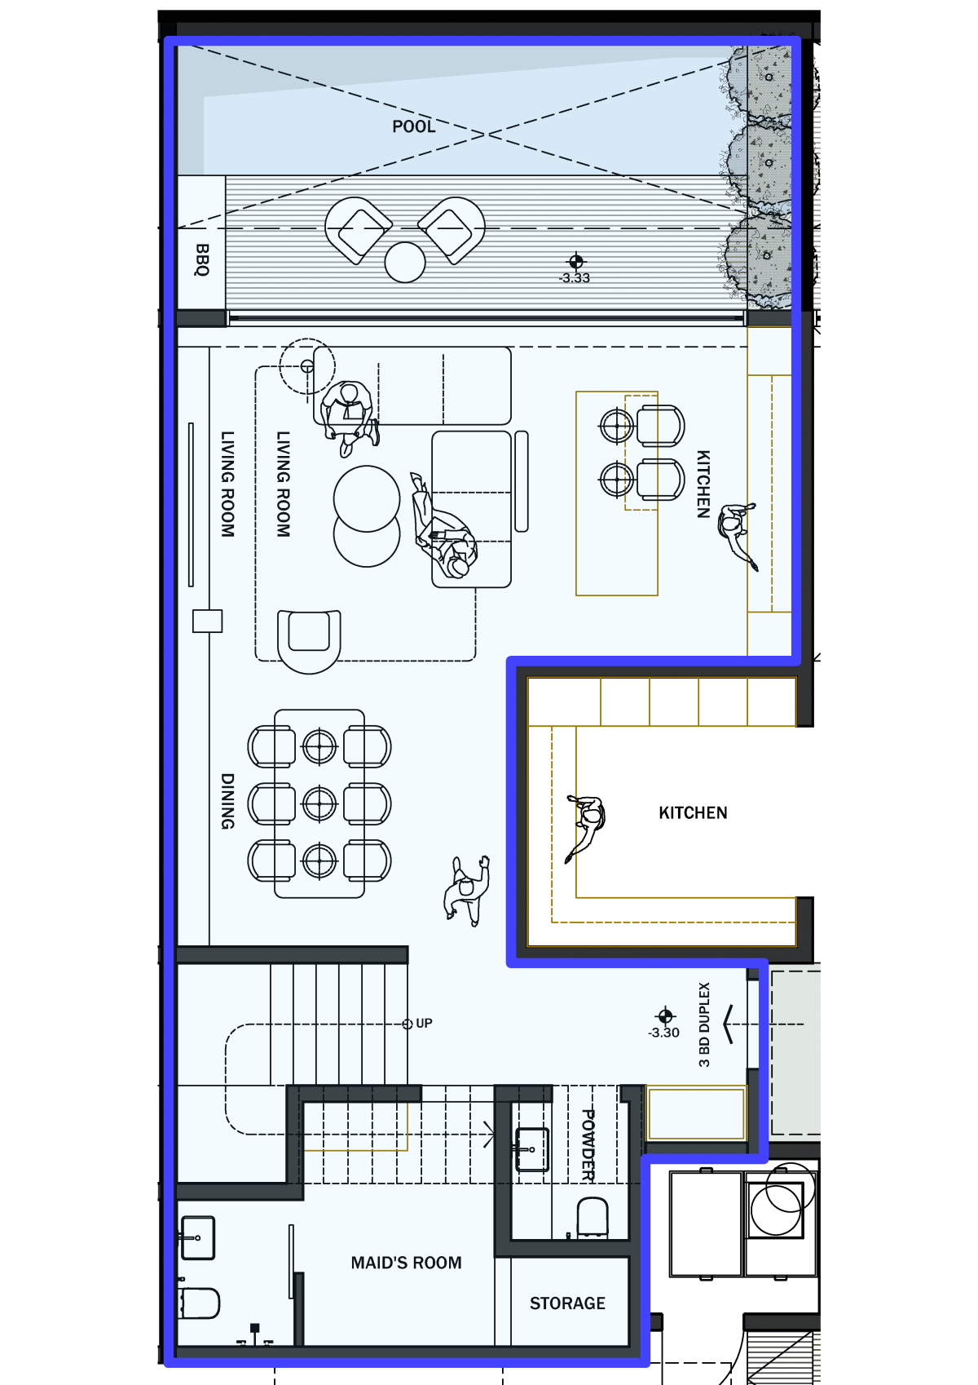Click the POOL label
pos(413,126)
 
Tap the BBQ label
pos(202,259)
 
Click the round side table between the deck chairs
pos(405,262)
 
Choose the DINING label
pos(227,801)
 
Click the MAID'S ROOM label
pos(406,1263)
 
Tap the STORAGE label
pos(567,1303)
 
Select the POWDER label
pos(588,1144)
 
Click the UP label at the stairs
pos(424,1024)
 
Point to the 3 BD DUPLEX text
pos(703,1024)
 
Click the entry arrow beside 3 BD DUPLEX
pos(729,1024)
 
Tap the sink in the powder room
pos(531,1149)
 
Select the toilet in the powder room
pos(593,1218)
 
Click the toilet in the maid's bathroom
pos(199,1303)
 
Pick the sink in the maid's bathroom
pos(197,1238)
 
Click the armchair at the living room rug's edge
pos(309,641)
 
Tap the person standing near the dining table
pos(466,891)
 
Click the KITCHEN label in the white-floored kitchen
pos(693,812)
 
